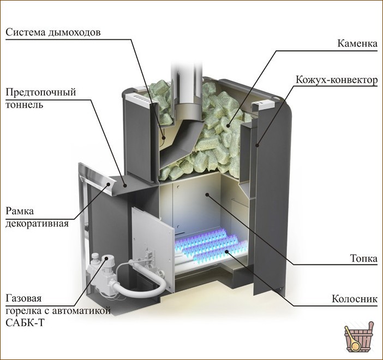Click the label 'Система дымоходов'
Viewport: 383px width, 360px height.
[x=53, y=33]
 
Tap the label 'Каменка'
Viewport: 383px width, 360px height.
[x=357, y=44]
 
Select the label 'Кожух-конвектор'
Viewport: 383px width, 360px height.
[x=337, y=80]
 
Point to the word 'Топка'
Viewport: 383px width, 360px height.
[x=363, y=258]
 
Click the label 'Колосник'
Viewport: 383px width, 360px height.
[x=355, y=299]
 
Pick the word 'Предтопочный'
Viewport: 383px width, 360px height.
[x=41, y=92]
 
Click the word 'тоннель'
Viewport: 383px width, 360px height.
[x=25, y=104]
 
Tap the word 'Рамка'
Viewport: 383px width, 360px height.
[x=20, y=211]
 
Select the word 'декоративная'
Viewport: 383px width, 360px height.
[x=37, y=223]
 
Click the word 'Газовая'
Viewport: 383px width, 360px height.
[x=23, y=298]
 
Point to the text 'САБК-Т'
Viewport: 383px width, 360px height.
[x=25, y=323]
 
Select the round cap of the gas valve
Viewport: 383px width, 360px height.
[x=106, y=258]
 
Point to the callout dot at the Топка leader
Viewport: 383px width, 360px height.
[x=207, y=194]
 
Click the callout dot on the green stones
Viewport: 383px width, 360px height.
[x=228, y=126]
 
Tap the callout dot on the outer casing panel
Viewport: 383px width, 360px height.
[x=257, y=145]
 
